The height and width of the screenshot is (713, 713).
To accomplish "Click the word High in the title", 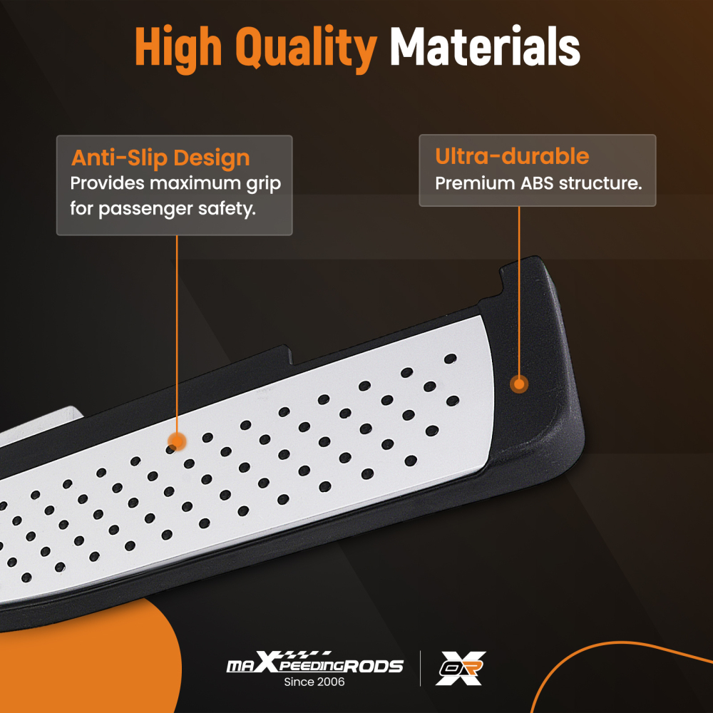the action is (x=179, y=48).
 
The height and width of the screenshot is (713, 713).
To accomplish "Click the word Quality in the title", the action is (x=306, y=48).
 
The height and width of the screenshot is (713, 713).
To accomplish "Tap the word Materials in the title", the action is (x=485, y=46).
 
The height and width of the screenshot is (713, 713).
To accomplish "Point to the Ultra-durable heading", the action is (x=512, y=156).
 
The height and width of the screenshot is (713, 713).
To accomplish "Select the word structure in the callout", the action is (x=600, y=183).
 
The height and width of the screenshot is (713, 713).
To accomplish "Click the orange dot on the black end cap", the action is (x=519, y=384).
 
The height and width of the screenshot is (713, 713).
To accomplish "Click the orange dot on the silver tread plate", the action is (x=177, y=441).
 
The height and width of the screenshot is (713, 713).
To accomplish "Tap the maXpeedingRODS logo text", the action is (x=314, y=662).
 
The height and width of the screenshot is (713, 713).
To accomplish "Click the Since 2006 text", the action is (x=314, y=682).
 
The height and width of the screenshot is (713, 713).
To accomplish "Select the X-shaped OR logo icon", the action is (x=461, y=668).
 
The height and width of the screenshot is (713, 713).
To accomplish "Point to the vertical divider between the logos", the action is (x=420, y=668).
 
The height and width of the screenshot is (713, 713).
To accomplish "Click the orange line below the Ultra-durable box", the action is (x=519, y=291).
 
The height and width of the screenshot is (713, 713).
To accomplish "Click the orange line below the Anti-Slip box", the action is (x=177, y=334).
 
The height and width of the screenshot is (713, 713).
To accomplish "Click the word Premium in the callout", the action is (x=475, y=183).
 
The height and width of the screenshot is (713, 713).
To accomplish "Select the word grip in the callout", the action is (x=264, y=184).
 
